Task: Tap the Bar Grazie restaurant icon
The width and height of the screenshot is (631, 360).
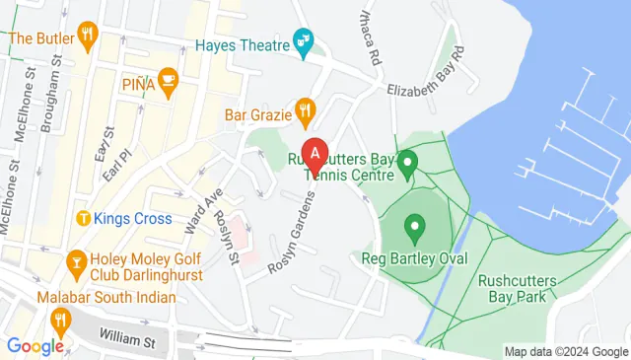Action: [x=307, y=114]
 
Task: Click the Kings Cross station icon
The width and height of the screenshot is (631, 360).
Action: [x=84, y=217]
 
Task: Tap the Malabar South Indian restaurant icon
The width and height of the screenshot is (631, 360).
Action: [x=60, y=319]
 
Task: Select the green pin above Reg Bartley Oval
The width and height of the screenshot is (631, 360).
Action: [x=414, y=231]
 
